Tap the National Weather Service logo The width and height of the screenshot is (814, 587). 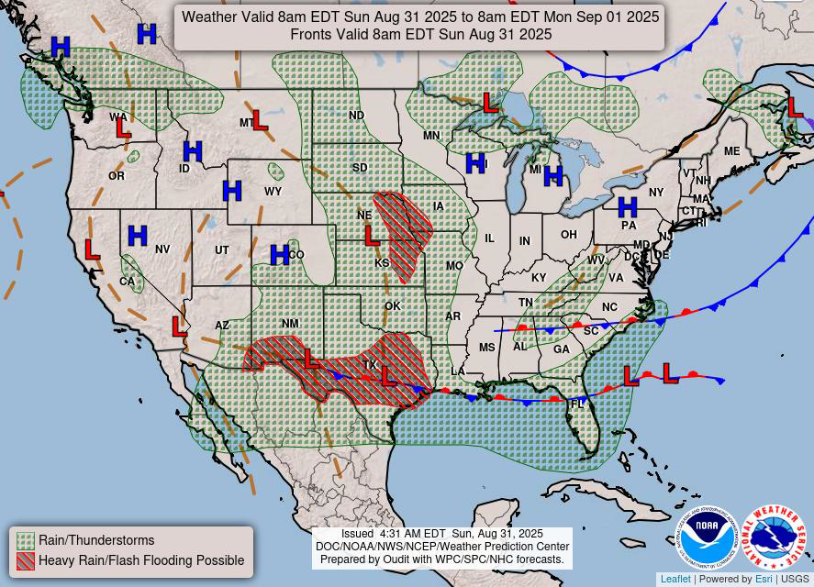click(774, 537)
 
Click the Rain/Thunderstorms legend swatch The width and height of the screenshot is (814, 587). click(26, 540)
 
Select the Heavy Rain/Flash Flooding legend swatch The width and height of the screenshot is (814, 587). click(26, 560)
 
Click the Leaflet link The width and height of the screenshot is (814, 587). click(675, 579)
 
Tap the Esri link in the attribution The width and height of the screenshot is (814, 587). click(764, 579)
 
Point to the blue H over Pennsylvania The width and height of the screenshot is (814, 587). click(627, 207)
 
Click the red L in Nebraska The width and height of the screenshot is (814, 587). click(372, 236)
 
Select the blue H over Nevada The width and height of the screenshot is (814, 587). click(138, 236)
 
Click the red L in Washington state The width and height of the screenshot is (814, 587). click(123, 128)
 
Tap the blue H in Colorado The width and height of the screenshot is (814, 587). click(280, 255)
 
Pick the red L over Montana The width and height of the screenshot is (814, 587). click(261, 120)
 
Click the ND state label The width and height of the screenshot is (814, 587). click(357, 116)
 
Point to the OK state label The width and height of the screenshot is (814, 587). click(393, 305)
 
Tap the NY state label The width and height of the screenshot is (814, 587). click(655, 193)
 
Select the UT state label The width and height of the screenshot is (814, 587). click(222, 250)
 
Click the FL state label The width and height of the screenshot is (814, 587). click(578, 404)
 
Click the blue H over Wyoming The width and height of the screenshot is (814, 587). click(232, 191)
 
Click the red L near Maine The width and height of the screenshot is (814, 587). click(795, 107)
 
